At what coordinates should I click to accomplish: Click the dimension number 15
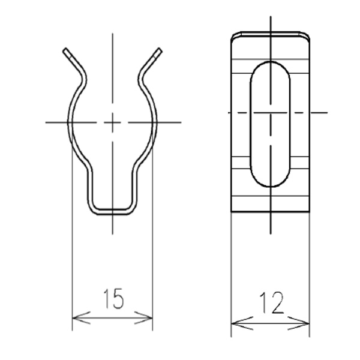click(113, 298)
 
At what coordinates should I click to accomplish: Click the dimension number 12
click(271, 303)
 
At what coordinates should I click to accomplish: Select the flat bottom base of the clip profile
click(112, 212)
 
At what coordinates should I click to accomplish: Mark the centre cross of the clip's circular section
click(112, 122)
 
